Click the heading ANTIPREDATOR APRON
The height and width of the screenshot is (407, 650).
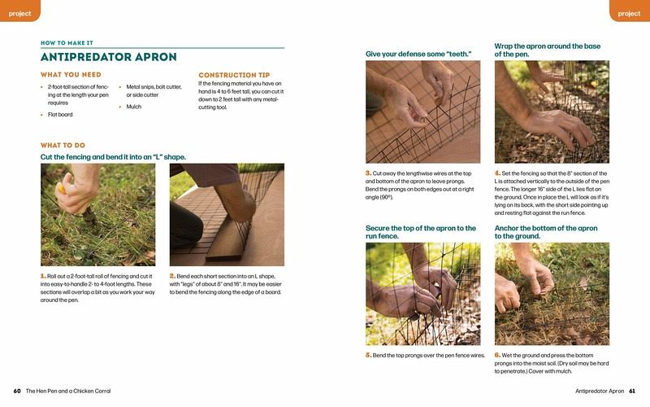[109, 57]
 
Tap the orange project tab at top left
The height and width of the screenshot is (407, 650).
[19, 11]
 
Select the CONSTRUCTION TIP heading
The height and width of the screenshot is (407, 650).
[234, 75]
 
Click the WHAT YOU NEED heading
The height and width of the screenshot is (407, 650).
[71, 75]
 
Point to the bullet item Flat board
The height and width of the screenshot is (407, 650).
[60, 115]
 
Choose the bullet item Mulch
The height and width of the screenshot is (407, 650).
[134, 107]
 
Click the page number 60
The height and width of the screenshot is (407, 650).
[17, 391]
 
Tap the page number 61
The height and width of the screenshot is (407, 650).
[632, 391]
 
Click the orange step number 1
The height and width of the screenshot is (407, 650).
[43, 276]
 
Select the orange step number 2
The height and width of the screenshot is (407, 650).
[172, 276]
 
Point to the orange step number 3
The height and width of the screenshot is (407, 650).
[369, 173]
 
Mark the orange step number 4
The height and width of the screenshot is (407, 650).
[497, 173]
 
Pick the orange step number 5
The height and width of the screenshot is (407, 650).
[369, 355]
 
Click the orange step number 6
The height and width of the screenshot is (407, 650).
[497, 355]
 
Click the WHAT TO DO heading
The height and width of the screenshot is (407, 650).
[63, 146]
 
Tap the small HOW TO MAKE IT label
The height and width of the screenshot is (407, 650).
[67, 43]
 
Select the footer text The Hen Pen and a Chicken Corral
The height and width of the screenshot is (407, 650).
[68, 391]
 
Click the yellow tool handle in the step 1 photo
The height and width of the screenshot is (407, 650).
[62, 189]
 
